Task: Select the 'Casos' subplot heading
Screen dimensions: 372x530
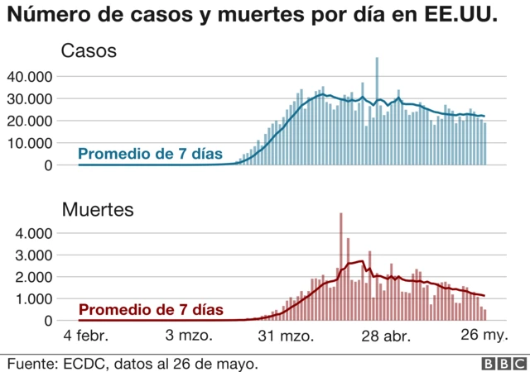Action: point(89,51)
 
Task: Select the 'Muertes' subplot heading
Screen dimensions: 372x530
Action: point(98,210)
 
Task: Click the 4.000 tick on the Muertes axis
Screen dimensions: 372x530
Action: point(34,233)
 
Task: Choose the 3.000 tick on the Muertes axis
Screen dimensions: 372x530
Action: point(34,255)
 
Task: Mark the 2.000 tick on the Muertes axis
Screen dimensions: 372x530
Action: point(34,277)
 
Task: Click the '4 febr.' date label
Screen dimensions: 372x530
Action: point(86,336)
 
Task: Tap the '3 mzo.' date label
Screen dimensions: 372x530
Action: point(189,336)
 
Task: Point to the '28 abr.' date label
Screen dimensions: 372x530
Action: point(384,336)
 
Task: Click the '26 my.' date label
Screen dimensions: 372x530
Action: point(483,336)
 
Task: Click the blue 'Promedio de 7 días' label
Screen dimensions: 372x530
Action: point(150,153)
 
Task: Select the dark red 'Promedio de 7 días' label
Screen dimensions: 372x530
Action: point(150,310)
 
